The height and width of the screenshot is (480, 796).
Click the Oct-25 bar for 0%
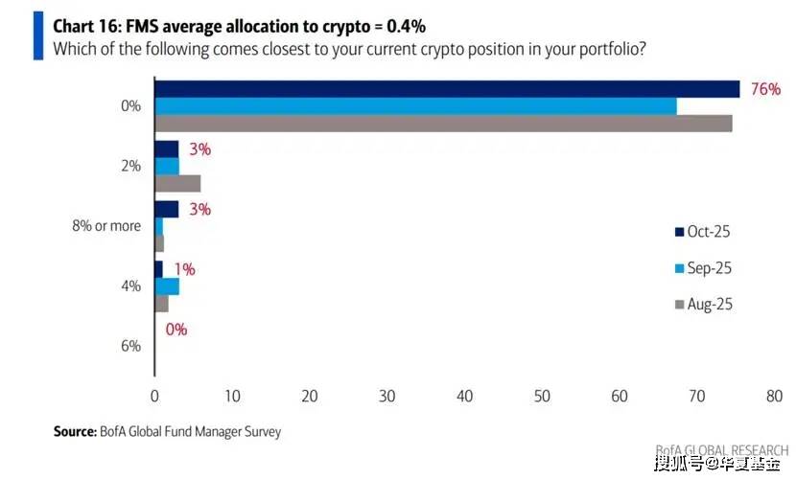click(x=447, y=89)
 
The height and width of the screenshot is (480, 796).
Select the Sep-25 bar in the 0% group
click(x=415, y=106)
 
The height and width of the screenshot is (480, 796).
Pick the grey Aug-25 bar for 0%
click(x=443, y=123)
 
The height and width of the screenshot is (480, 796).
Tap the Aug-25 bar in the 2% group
click(x=177, y=183)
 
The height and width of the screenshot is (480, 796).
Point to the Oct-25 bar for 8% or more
click(x=167, y=209)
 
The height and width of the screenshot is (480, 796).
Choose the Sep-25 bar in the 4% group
click(x=167, y=286)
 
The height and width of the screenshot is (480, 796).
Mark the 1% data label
click(x=184, y=270)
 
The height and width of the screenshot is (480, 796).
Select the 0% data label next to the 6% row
click(x=176, y=330)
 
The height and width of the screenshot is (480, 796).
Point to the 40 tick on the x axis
click(x=464, y=396)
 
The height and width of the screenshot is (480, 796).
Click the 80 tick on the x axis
click(x=774, y=396)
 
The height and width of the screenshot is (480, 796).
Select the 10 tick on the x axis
click(x=232, y=396)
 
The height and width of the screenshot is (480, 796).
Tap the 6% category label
click(x=130, y=346)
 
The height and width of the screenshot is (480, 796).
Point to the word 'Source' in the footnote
click(x=74, y=432)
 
